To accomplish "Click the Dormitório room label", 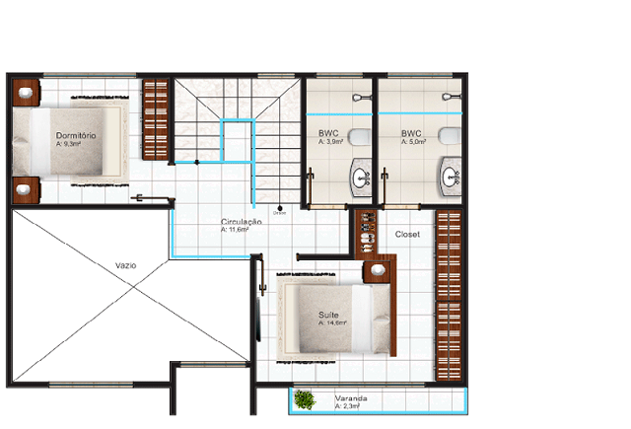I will click(x=74, y=134).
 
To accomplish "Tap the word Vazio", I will click(x=125, y=265).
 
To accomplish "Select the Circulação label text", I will click(x=241, y=223).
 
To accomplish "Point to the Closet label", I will click(x=407, y=235).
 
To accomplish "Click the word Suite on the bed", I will click(x=327, y=316).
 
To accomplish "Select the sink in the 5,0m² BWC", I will click(x=450, y=178).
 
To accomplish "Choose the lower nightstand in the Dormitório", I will click(x=26, y=186).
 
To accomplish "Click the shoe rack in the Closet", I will click(x=366, y=232).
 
